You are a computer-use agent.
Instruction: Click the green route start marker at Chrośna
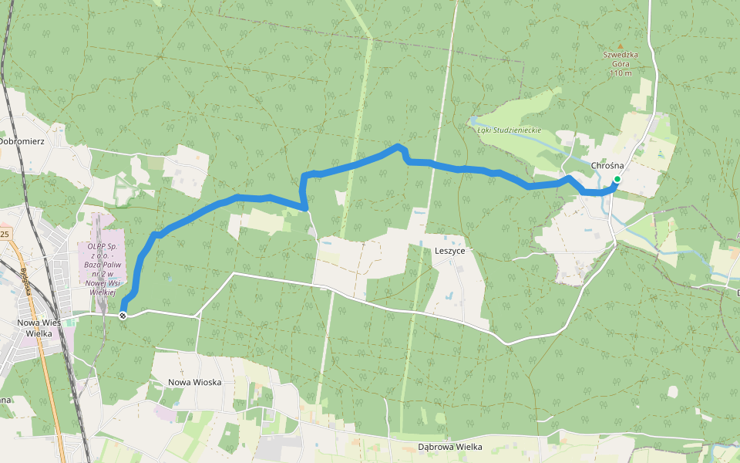point(617,179)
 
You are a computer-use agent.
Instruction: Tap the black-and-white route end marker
point(123,315)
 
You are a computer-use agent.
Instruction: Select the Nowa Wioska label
point(195,382)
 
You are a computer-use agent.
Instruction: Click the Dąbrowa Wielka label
point(449,446)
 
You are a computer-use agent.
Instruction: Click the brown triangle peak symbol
point(620,46)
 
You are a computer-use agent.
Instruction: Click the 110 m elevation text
point(620,73)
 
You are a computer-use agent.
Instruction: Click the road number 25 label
point(5,233)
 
